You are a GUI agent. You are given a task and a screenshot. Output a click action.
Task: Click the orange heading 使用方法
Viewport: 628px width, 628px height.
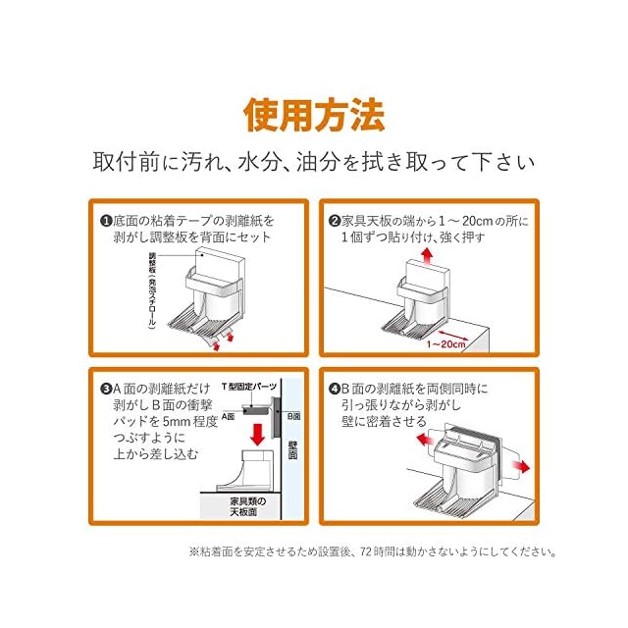pos(314,116)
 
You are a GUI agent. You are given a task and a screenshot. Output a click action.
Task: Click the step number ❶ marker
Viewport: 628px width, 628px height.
pos(106,221)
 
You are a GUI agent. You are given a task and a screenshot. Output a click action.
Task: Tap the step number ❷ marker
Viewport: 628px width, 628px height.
pos(335,221)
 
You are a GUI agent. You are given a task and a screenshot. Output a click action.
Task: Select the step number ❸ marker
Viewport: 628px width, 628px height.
pos(106,389)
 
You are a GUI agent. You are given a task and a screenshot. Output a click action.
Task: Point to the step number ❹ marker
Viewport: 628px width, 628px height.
pos(335,389)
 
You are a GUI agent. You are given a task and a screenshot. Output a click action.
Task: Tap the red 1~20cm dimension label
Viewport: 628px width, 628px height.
pos(446,344)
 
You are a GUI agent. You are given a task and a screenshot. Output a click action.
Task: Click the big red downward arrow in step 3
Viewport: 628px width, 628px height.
pos(257,434)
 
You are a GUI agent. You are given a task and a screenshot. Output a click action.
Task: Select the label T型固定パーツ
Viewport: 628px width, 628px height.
pos(249,387)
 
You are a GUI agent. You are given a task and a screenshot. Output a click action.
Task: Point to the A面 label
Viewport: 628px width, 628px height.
pos(228,416)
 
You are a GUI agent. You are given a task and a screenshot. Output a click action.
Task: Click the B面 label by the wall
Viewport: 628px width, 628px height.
pos(293,416)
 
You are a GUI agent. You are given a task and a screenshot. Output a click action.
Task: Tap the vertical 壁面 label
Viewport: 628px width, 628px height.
pos(293,449)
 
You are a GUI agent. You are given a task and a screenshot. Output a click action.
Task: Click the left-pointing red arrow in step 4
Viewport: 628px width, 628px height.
pos(425,441)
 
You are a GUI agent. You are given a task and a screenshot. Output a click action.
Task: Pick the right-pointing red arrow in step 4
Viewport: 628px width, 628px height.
pos(521,467)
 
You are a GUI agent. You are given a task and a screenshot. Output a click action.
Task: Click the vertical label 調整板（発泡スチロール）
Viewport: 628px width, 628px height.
pos(152,291)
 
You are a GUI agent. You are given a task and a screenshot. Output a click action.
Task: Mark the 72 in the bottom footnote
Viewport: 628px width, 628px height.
pos(366,551)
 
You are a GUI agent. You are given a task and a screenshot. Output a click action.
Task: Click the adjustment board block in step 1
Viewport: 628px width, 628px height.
pos(220,265)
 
